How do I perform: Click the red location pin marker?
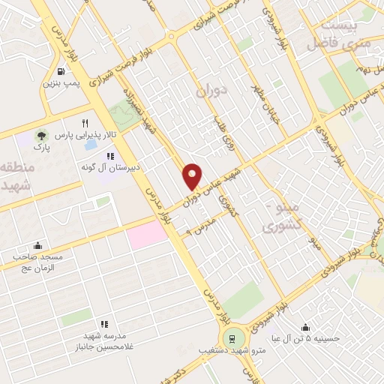[193, 175]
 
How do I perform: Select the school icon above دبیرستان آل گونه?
[110, 157]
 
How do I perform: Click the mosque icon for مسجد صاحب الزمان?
[37, 246]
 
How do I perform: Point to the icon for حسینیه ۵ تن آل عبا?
[306, 327]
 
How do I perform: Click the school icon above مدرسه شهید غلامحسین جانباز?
[105, 323]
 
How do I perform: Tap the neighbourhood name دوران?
[211, 94]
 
